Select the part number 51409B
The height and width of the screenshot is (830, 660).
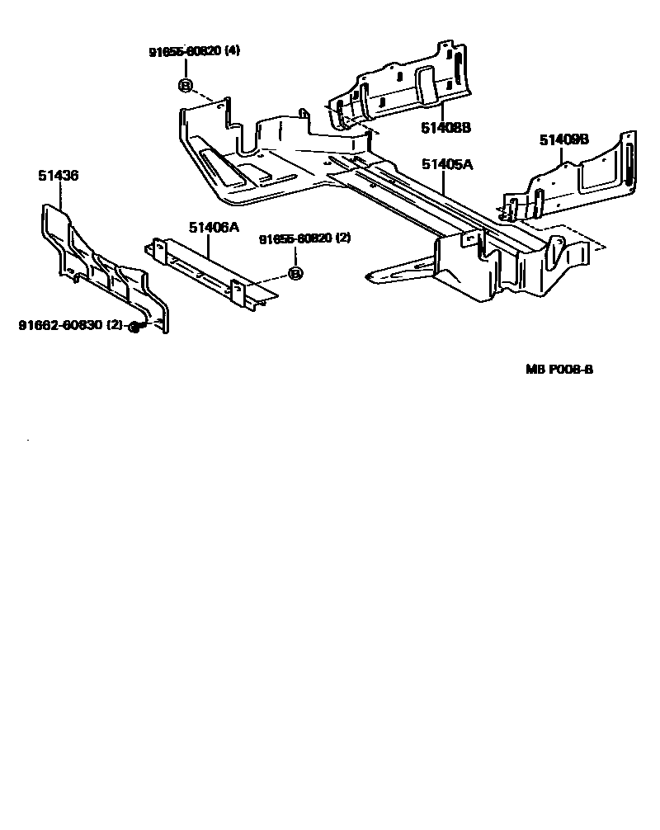pos(564,140)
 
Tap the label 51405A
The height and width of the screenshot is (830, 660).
pos(446,165)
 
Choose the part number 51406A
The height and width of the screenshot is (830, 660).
pos(213,228)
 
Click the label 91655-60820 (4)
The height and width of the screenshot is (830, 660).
pos(194,51)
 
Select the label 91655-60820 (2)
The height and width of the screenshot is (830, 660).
pos(305,239)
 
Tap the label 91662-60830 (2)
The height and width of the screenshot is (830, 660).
pos(72,326)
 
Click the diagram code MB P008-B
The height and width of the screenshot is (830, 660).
pos(559,370)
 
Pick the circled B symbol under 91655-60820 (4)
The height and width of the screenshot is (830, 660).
pos(185,85)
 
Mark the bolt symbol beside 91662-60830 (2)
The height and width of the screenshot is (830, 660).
pos(135,328)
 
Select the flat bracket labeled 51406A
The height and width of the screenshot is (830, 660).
pos(210,272)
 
